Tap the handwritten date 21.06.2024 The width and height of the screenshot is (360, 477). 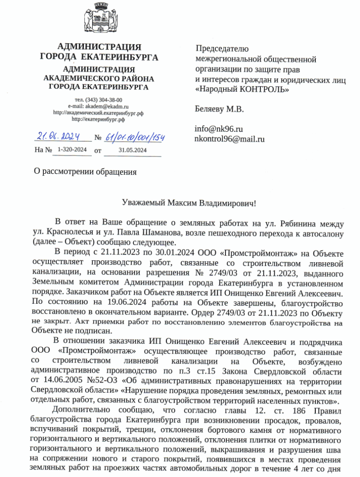[57, 137]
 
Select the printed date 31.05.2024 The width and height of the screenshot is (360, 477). [132, 150]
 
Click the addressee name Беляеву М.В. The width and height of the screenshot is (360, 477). [218, 110]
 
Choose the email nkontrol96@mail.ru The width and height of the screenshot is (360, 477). [229, 138]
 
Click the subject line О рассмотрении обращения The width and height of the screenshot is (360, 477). [86, 171]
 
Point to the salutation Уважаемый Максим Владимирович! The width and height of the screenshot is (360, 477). [189, 203]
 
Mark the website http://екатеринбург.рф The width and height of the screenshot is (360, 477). [98, 119]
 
